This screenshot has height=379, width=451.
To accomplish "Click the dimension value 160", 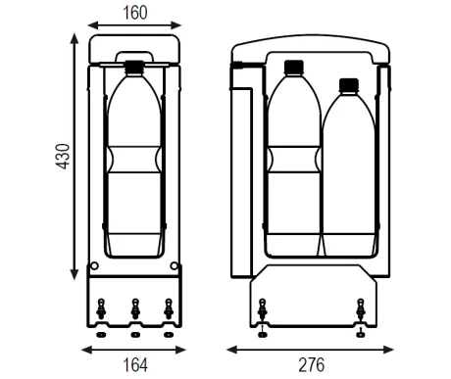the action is coord(135,13).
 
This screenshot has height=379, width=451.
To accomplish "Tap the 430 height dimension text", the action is coord(63,157).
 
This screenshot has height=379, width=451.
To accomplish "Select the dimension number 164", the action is coord(135,365).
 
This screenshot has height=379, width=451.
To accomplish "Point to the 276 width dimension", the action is coord(312,365).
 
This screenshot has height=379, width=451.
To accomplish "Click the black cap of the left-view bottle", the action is coord(134,67).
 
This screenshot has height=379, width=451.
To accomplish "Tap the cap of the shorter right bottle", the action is coord(349,84).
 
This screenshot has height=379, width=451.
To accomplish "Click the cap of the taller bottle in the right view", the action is coord(294,67).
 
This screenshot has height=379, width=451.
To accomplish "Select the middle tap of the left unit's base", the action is coord(135,308).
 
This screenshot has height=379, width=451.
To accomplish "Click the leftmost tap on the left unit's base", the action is coord(101,308).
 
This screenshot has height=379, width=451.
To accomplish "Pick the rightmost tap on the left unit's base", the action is coord(169,308).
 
